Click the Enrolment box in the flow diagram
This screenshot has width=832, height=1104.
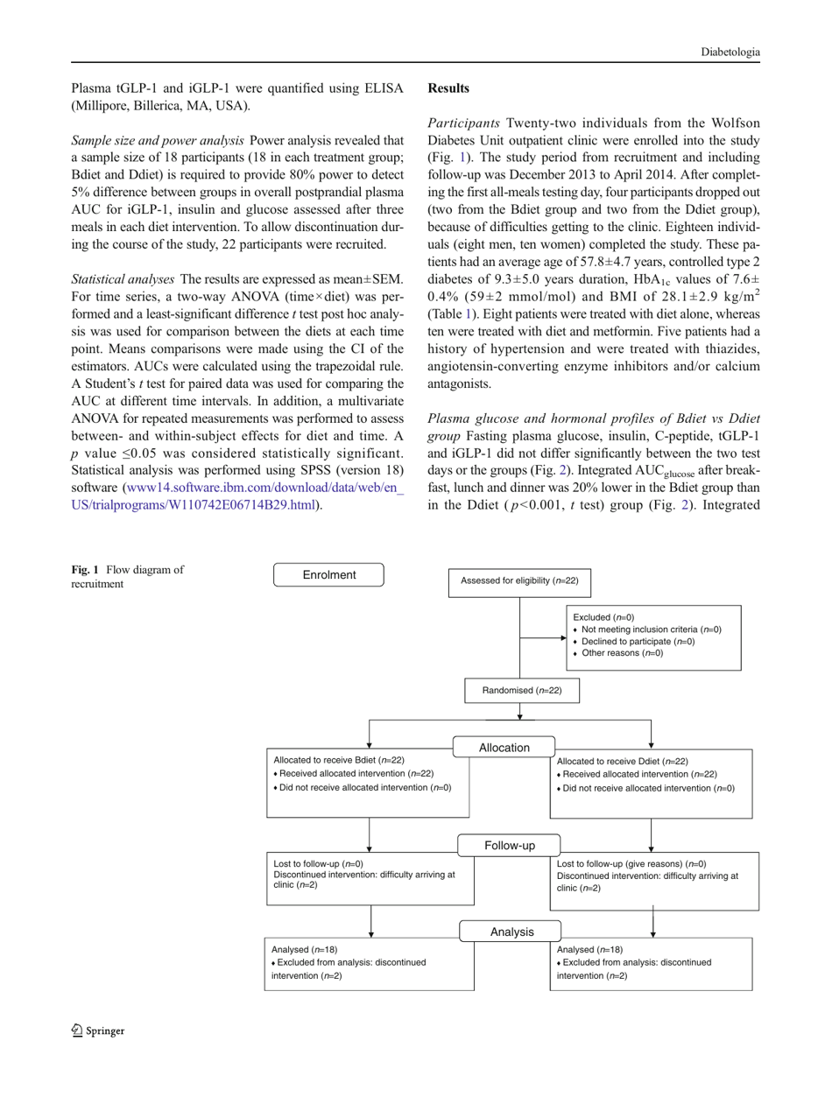point(329,575)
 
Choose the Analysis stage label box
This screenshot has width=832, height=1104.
point(511,932)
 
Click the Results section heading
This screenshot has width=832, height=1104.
point(452,88)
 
